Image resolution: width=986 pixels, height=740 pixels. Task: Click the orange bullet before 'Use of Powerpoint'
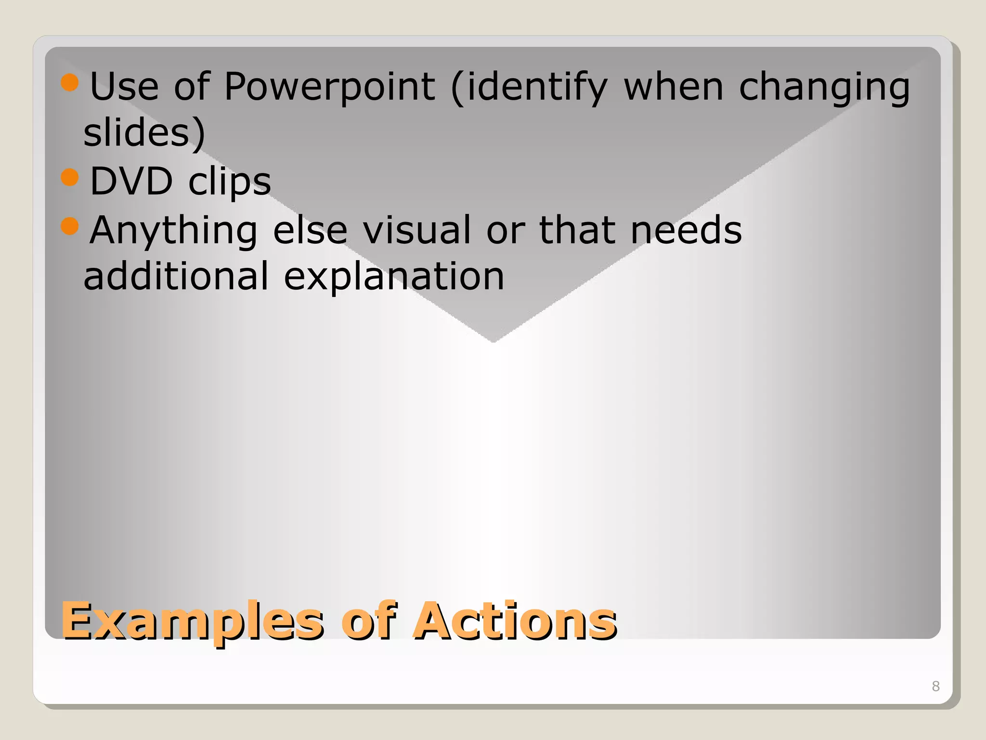[70, 82]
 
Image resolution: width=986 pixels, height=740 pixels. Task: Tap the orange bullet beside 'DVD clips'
[70, 177]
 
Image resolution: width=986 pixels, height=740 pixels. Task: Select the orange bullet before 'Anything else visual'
[70, 225]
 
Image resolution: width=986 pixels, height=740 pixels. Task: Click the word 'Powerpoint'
[329, 87]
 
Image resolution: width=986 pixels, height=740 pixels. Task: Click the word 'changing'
[824, 87]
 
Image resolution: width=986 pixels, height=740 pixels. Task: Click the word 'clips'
[230, 182]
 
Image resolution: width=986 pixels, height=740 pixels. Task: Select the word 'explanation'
[394, 277]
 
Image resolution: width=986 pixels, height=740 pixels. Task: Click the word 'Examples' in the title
[193, 621]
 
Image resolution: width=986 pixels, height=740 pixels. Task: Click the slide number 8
[935, 686]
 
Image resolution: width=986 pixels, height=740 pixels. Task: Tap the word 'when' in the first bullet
[674, 87]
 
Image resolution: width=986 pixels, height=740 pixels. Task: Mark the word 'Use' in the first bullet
[124, 87]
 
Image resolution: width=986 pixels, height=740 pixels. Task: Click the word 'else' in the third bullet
[310, 230]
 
